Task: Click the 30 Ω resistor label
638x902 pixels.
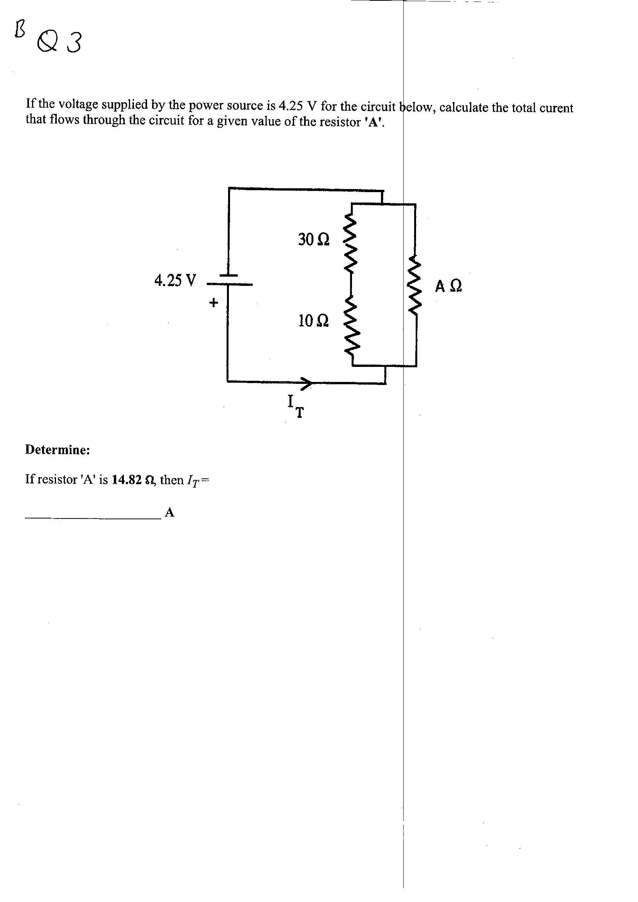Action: (x=314, y=239)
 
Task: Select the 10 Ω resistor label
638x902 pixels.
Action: (x=313, y=321)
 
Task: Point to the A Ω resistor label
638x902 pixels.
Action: (x=448, y=286)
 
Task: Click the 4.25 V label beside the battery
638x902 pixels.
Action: (x=175, y=280)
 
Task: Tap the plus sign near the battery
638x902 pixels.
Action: (x=213, y=302)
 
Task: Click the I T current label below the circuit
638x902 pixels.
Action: (x=296, y=407)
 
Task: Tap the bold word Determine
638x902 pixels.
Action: (x=58, y=450)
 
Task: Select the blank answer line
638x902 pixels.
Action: (x=93, y=518)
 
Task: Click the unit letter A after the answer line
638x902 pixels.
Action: (x=169, y=512)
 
